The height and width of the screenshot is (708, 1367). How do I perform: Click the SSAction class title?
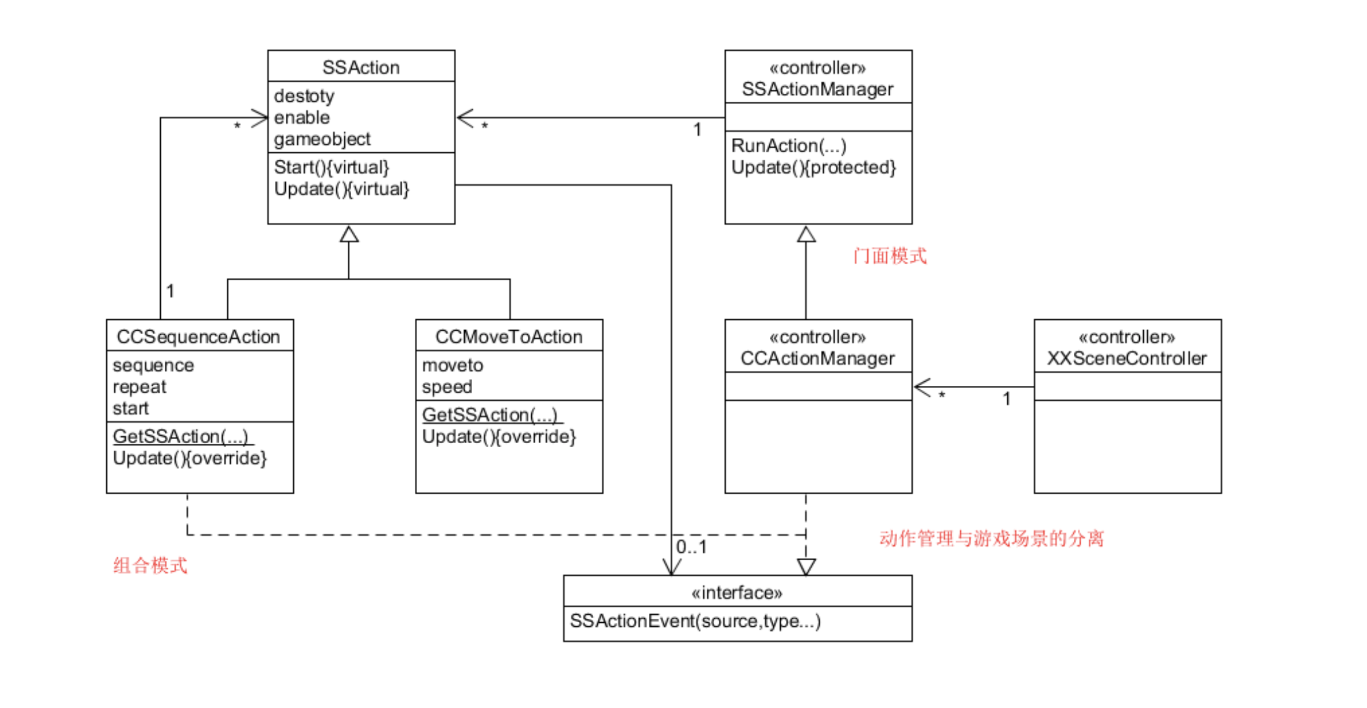point(361,68)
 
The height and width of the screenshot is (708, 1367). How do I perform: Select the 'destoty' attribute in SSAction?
point(304,96)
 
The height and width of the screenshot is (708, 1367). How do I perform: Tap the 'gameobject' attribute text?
point(322,139)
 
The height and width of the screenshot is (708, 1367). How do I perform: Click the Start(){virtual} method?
point(331,168)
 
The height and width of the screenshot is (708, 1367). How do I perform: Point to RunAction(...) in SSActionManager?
point(789,146)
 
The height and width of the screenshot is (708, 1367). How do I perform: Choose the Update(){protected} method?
point(814,168)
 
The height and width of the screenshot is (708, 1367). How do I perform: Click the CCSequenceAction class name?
point(198,337)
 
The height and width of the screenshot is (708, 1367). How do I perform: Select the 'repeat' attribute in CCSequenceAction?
point(139,387)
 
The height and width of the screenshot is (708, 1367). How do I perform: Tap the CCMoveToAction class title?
point(509,337)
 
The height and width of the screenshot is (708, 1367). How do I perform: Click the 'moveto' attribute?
point(452,365)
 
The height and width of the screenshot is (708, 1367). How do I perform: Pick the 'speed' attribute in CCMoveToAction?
point(447,387)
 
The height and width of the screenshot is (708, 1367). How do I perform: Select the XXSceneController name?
point(1127,359)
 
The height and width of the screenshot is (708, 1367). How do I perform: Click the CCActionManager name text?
point(818,359)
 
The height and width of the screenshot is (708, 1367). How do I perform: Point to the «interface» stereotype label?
point(737,593)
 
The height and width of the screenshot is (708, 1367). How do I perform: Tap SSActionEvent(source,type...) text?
point(695,621)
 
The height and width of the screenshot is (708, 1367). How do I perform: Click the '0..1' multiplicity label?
point(691,547)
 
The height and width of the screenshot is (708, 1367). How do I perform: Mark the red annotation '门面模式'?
point(890,256)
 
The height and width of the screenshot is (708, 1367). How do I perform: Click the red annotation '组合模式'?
point(150,565)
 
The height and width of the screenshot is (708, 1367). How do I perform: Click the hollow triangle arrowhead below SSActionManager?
point(806,234)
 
